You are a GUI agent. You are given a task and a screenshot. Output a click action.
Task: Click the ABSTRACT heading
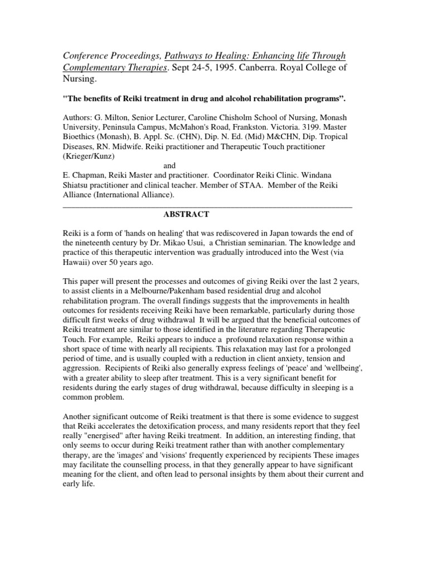pyautogui.click(x=186, y=214)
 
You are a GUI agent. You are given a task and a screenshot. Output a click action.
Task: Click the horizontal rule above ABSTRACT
pyautogui.click(x=206, y=206)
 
